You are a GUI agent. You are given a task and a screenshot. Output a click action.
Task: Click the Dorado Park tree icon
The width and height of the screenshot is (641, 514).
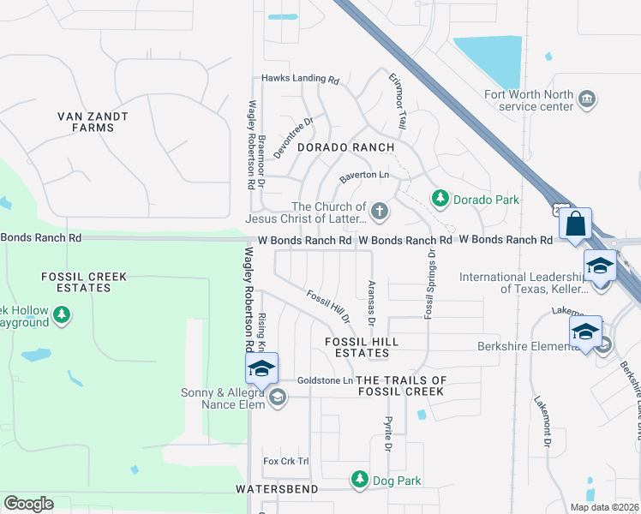440,199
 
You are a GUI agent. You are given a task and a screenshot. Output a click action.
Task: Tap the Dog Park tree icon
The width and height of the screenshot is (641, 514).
360,480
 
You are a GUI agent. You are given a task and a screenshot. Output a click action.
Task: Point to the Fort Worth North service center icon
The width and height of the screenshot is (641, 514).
588,99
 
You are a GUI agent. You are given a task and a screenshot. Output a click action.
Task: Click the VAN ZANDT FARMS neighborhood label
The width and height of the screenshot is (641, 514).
93,122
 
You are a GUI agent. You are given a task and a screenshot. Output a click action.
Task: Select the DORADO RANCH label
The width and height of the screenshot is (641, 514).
345,147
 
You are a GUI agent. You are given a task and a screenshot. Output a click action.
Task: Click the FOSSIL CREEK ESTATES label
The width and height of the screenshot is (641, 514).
84,282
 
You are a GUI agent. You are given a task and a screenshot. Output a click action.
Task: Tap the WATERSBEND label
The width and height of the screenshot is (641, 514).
277,489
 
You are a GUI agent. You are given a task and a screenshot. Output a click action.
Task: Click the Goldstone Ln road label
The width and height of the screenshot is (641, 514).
325,380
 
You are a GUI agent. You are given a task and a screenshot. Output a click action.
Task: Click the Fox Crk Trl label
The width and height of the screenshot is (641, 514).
285,461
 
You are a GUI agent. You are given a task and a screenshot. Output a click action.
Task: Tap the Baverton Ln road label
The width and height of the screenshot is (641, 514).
364,176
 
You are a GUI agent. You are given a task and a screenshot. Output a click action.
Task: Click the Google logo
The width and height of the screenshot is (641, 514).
28,504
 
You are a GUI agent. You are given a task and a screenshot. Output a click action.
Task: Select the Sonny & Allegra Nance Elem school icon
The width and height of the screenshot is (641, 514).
277,397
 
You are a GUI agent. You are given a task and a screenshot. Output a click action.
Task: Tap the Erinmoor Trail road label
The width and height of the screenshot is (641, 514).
397,101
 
